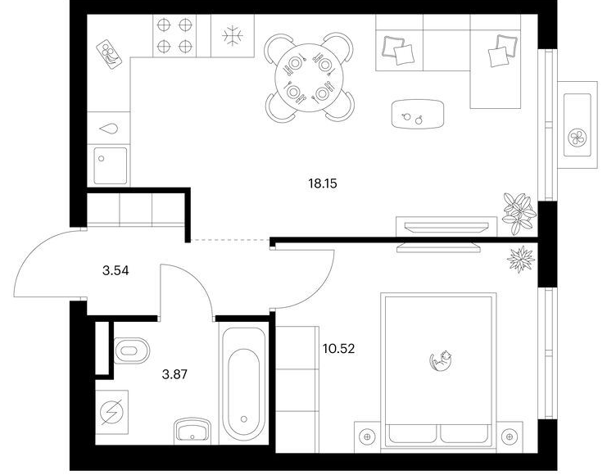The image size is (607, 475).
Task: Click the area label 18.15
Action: [323, 183]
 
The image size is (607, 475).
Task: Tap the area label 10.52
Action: [339, 349]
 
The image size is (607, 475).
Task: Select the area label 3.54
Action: [116, 270]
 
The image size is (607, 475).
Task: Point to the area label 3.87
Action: [174, 374]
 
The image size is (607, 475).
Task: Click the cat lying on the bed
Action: [441, 360]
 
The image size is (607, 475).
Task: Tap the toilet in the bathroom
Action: [131, 351]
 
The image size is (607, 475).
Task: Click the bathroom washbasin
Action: [192, 430]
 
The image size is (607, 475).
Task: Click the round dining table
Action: [310, 78]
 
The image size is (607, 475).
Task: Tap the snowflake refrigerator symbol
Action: [233, 36]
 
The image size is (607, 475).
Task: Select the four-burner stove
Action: [174, 36]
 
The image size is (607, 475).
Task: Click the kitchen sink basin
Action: [110, 165]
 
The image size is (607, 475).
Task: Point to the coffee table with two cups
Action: [417, 114]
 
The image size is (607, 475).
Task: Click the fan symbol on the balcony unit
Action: [578, 137]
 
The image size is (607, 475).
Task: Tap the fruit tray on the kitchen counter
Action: [109, 54]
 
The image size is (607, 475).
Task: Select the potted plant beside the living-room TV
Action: [519, 214]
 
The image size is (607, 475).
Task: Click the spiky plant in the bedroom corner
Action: [521, 259]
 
